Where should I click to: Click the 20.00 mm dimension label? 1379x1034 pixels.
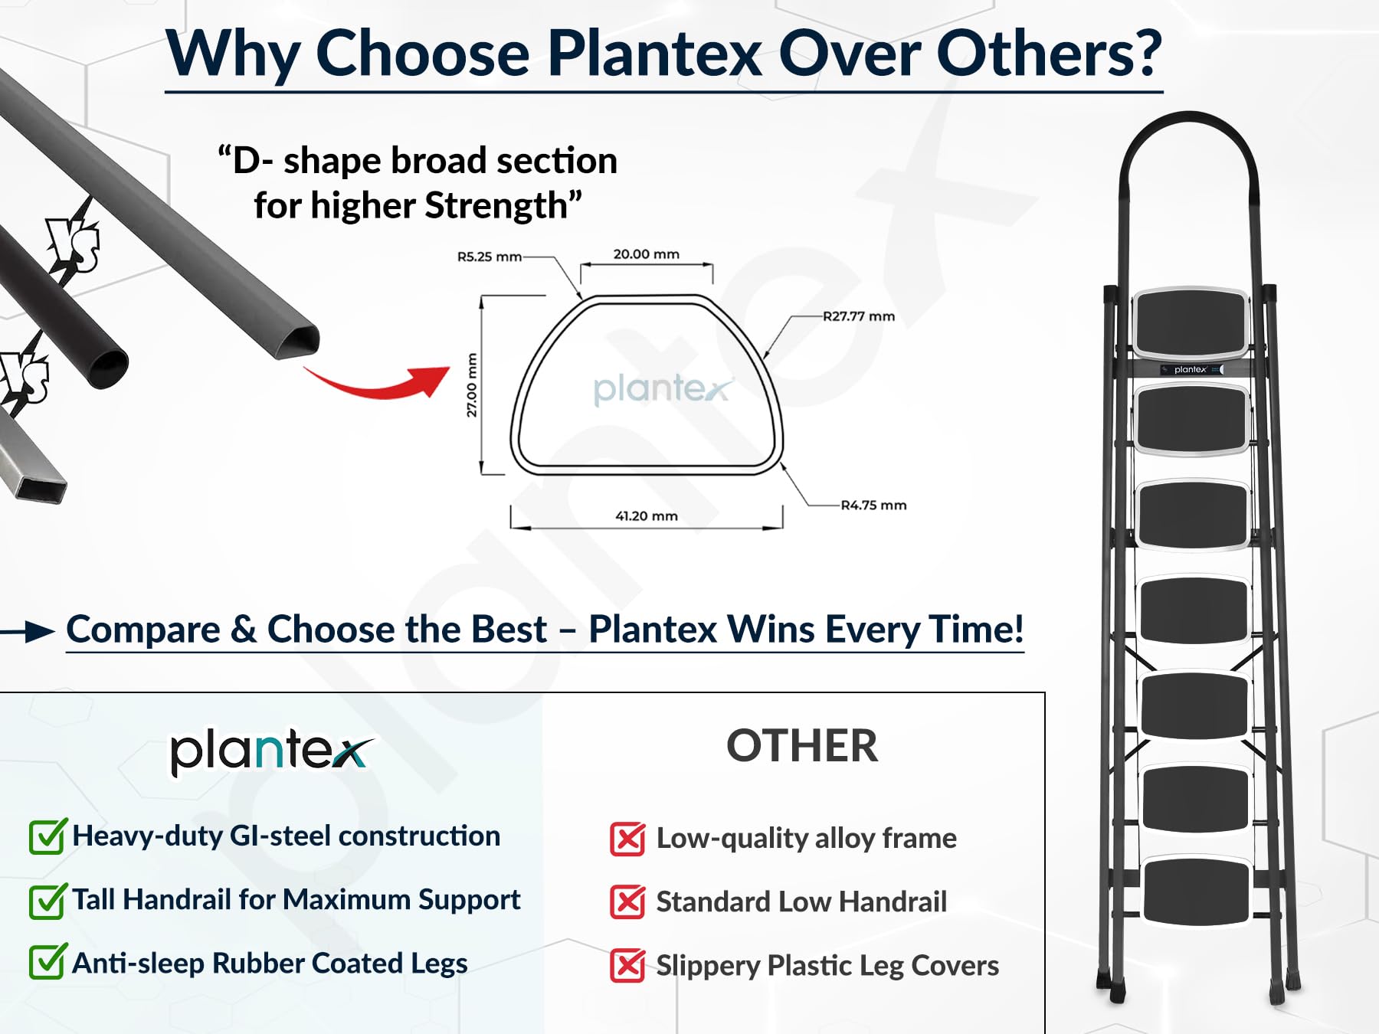pyautogui.click(x=646, y=254)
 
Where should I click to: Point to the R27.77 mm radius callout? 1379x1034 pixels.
pyautogui.click(x=859, y=316)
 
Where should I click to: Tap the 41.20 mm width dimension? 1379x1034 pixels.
pyautogui.click(x=647, y=516)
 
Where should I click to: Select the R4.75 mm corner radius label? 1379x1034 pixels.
pyautogui.click(x=873, y=506)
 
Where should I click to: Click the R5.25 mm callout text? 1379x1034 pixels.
pyautogui.click(x=490, y=257)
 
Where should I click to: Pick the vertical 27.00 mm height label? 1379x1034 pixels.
pyautogui.click(x=472, y=385)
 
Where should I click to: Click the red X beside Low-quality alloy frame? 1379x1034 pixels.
pyautogui.click(x=627, y=839)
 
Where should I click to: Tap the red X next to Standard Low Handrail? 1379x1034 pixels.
pyautogui.click(x=627, y=902)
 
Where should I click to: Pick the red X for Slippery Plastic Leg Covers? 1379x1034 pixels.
pyautogui.click(x=627, y=966)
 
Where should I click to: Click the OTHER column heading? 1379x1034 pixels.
pyautogui.click(x=802, y=746)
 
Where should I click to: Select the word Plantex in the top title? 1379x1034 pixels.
pyautogui.click(x=655, y=54)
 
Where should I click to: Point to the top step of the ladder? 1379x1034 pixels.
pyautogui.click(x=1191, y=322)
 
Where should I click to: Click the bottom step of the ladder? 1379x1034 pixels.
pyautogui.click(x=1196, y=891)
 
